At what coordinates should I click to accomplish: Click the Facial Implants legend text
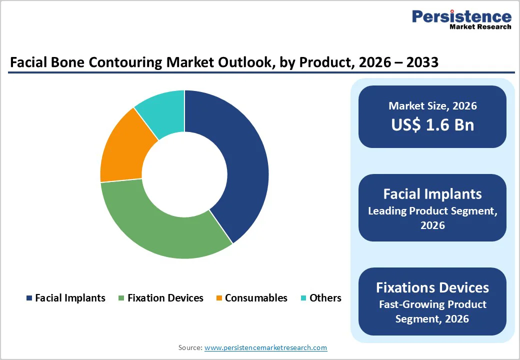[70, 298]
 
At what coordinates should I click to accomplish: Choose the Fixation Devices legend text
[165, 298]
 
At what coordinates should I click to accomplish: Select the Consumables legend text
[256, 298]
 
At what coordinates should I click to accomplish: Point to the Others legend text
[325, 298]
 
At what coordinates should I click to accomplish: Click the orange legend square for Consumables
[219, 298]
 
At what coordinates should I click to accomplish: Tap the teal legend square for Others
[303, 298]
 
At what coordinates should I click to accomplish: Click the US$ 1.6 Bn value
[432, 125]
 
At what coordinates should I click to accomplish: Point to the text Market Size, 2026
[432, 106]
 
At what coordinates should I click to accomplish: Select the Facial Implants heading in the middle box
[432, 194]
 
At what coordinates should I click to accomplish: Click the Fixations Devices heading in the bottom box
[432, 287]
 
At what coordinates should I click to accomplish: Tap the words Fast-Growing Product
[432, 304]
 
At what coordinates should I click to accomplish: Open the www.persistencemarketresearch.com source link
[266, 347]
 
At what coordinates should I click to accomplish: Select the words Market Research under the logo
[480, 26]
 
